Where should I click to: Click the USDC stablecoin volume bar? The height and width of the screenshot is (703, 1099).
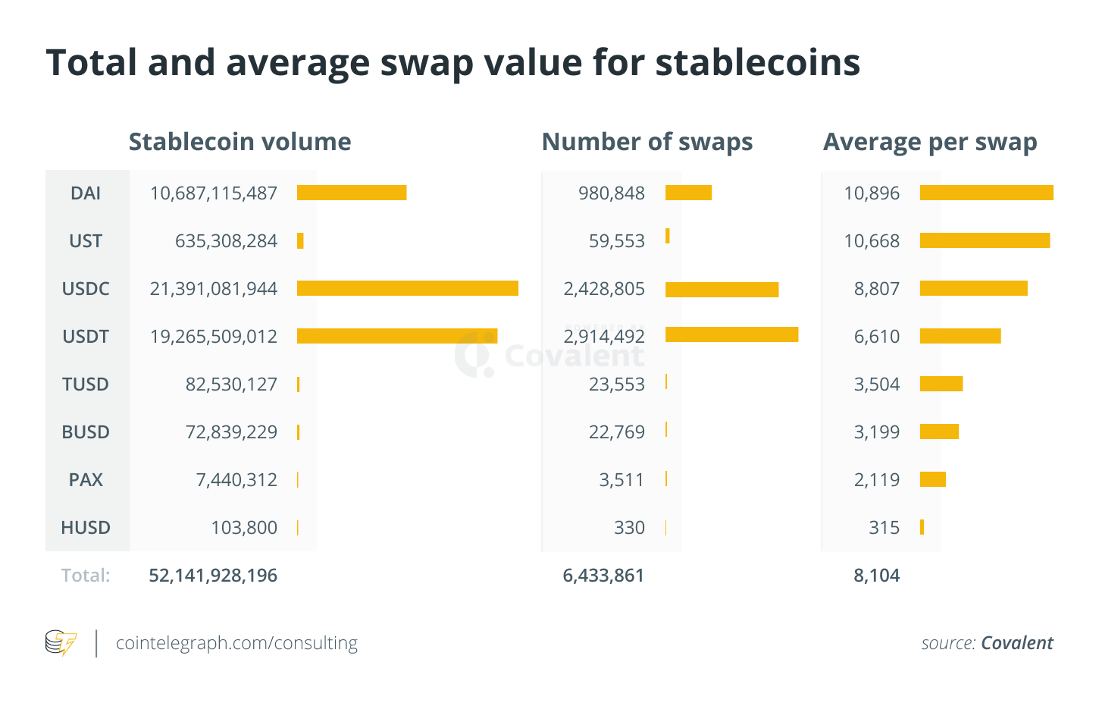(x=407, y=288)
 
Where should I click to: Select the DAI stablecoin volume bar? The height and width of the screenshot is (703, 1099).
(x=352, y=193)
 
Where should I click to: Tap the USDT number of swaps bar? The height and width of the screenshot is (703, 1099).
(x=731, y=334)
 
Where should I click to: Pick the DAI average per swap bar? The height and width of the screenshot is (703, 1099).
(x=986, y=193)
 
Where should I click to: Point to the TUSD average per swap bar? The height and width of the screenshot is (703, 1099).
(x=941, y=384)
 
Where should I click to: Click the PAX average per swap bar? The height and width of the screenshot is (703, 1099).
(x=933, y=479)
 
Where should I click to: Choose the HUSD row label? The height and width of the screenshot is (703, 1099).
(x=86, y=528)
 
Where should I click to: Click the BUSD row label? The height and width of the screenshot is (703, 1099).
(x=86, y=432)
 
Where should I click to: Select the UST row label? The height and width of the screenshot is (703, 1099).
(x=86, y=241)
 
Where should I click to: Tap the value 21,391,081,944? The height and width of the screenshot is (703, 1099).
(x=214, y=289)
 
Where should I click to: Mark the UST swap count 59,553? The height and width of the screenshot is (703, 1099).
(x=617, y=241)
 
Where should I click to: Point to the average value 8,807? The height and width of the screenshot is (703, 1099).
(x=877, y=289)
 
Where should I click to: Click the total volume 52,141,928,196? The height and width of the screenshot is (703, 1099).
(x=213, y=576)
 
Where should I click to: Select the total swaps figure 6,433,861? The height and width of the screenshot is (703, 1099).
(x=603, y=576)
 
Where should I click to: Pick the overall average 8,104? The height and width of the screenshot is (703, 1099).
(x=877, y=576)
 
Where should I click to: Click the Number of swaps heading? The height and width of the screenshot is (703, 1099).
(x=647, y=142)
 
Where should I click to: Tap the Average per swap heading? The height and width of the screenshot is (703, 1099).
(x=930, y=142)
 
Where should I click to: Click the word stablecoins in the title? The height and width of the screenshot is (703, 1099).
(x=758, y=62)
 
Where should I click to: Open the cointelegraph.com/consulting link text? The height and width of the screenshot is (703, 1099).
(x=236, y=643)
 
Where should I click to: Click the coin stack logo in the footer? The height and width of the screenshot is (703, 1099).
(x=61, y=643)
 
